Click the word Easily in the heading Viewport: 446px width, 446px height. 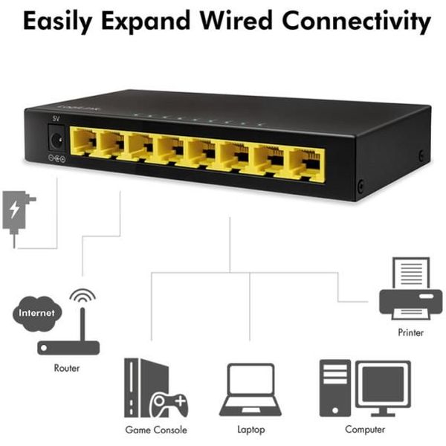pyautogui.click(x=58, y=22)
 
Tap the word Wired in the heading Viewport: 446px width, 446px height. pyautogui.click(x=236, y=21)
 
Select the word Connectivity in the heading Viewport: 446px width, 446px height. pyautogui.click(x=356, y=22)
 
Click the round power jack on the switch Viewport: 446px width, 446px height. pyautogui.click(x=56, y=140)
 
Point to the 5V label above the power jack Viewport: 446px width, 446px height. pyautogui.click(x=56, y=119)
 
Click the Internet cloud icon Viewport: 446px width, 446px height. pyautogui.click(x=37, y=314)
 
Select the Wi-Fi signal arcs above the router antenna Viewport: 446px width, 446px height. pyautogui.click(x=83, y=296)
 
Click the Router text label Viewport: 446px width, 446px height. pyautogui.click(x=67, y=368)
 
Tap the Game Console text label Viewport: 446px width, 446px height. pyautogui.click(x=156, y=430)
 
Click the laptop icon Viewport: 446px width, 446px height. pyautogui.click(x=251, y=390)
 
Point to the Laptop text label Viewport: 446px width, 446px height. pyautogui.click(x=251, y=430)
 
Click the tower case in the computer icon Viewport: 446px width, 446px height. pyautogui.click(x=335, y=388)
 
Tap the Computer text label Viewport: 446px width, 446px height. pyautogui.click(x=365, y=430)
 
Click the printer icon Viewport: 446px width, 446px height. pyautogui.click(x=411, y=288)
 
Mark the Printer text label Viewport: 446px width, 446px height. pyautogui.click(x=411, y=332)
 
